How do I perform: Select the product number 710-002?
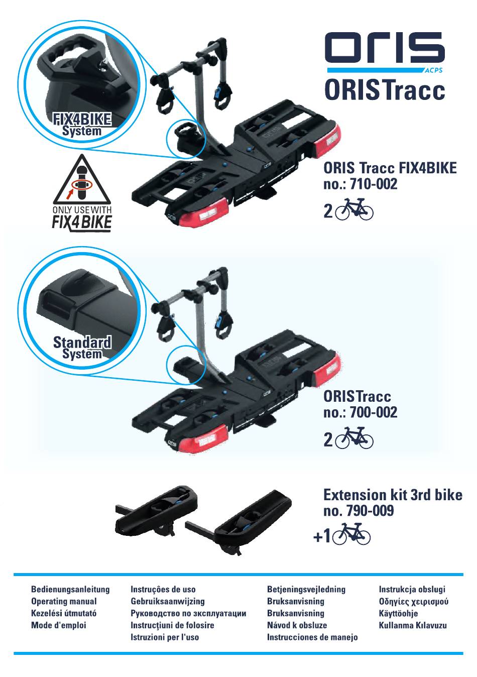pyautogui.click(x=374, y=184)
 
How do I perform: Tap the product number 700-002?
pyautogui.click(x=374, y=412)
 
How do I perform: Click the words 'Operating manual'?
pyautogui.click(x=64, y=601)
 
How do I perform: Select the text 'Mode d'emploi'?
pyautogui.click(x=59, y=625)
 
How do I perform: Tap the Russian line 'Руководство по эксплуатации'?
pyautogui.click(x=188, y=613)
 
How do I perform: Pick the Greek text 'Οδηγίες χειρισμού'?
pyautogui.click(x=414, y=602)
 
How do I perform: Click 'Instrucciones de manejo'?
pyautogui.click(x=312, y=637)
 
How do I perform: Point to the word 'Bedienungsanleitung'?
pyautogui.click(x=70, y=589)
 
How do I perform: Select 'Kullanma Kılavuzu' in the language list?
pyautogui.click(x=413, y=625)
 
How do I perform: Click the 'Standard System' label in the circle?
pyautogui.click(x=82, y=348)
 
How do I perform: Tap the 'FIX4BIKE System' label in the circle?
pyautogui.click(x=82, y=124)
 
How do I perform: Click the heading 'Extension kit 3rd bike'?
pyautogui.click(x=393, y=495)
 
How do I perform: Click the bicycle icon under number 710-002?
pyautogui.click(x=354, y=209)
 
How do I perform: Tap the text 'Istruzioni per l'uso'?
pyautogui.click(x=165, y=637)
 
